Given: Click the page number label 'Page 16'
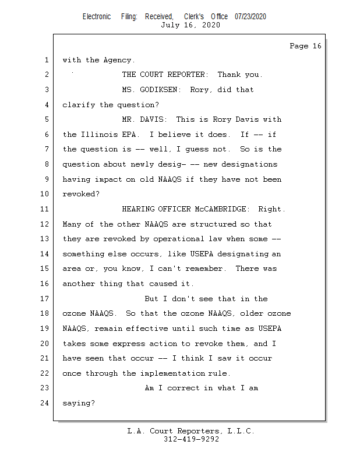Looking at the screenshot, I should tap(305, 46).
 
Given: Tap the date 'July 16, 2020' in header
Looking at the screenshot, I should tap(190, 25).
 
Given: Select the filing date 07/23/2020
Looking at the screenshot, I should tap(250, 16).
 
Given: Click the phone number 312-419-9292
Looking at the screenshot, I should tap(191, 439).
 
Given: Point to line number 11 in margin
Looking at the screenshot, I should tap(45, 209).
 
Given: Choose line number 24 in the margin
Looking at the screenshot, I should tap(45, 403).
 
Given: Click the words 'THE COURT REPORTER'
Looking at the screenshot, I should tap(164, 75).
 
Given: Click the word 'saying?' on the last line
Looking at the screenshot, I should tap(79, 403).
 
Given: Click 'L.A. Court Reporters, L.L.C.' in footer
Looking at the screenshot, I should tap(191, 431).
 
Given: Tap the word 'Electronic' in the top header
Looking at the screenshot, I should tap(97, 16).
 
